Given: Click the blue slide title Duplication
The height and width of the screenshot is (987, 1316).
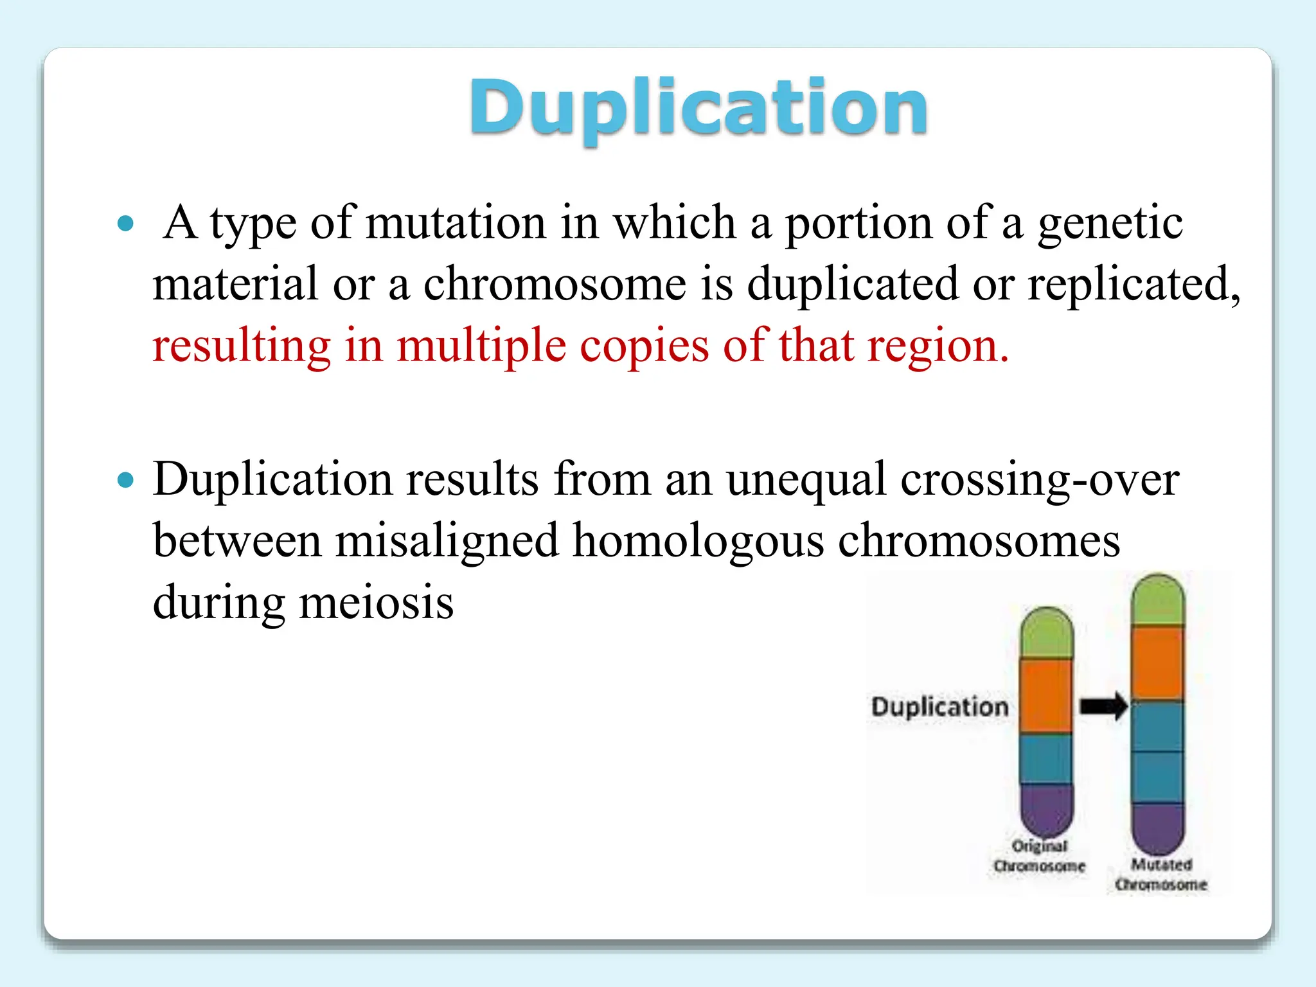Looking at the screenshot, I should (x=698, y=108).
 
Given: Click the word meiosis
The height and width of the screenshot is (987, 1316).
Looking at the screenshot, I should (x=377, y=603).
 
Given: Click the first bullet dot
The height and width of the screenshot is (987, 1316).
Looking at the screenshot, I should (x=126, y=224).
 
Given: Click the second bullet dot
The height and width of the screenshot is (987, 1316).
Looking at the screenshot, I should (x=126, y=480).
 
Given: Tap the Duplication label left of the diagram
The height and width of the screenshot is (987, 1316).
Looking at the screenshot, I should (x=939, y=707).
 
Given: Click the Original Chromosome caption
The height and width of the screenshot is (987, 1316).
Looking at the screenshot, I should (x=1039, y=856).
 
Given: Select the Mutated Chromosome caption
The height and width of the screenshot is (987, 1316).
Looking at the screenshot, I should (x=1160, y=875).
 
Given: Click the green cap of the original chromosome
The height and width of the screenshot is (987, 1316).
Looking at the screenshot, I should (x=1046, y=632).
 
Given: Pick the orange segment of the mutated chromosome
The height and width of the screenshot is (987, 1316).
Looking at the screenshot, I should (x=1157, y=663).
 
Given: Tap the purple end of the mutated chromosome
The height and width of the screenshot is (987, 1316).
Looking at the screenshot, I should (x=1157, y=826).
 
